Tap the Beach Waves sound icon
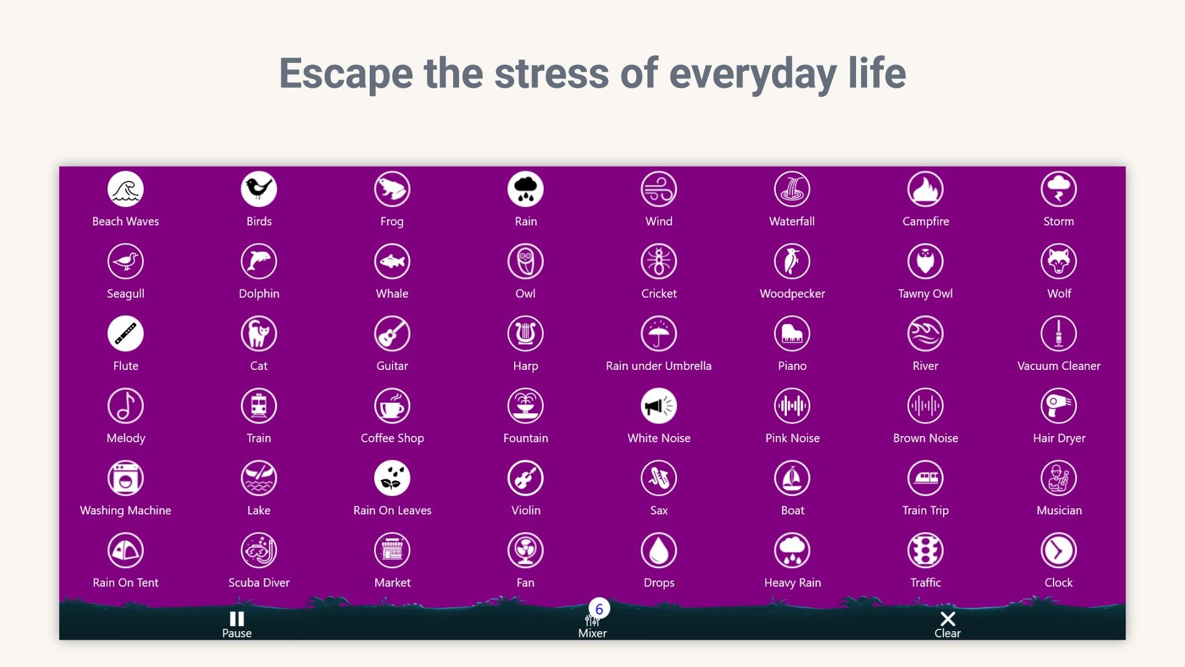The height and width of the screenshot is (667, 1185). pos(125,189)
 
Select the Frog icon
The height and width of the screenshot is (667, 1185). pos(392,189)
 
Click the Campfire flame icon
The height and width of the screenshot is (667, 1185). pos(925,189)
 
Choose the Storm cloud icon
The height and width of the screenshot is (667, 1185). pos(1058,189)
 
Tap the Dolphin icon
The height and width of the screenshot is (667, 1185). pos(259,261)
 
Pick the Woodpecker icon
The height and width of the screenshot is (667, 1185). pos(792,261)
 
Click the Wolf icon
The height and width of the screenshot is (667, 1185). pos(1058,261)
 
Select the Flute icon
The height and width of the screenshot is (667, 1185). pos(125,333)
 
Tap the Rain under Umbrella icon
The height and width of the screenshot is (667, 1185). pos(659,333)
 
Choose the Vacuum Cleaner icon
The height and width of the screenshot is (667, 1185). pos(1058,333)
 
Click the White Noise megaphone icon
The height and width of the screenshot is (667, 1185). pos(659,406)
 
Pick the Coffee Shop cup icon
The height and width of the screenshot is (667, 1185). pos(392,406)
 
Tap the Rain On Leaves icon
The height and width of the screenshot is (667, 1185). pos(392,478)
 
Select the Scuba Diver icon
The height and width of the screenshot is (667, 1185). pos(259,550)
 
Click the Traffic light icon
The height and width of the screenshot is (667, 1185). pos(925,550)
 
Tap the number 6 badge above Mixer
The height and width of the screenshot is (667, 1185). pos(599,609)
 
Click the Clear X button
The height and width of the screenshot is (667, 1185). pos(947,619)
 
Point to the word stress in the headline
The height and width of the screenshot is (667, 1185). pos(551,73)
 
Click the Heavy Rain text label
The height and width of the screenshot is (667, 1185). pos(792,582)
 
